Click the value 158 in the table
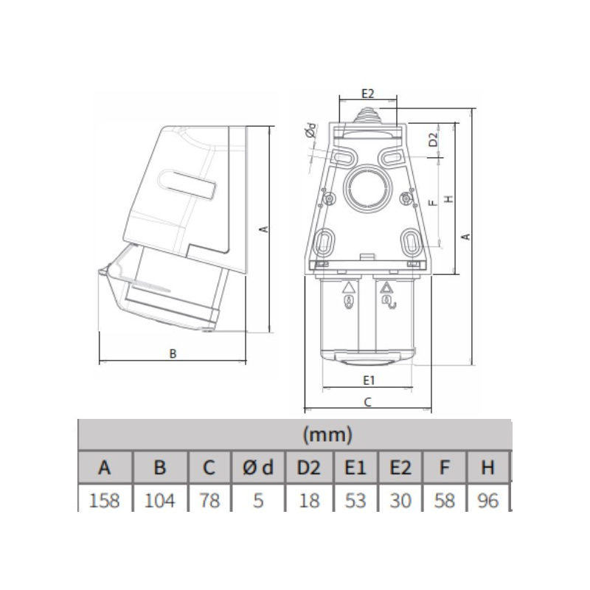click(105, 502)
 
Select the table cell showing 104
click(159, 502)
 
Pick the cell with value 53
click(355, 502)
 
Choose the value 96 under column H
click(487, 502)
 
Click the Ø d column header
click(257, 468)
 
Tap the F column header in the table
click(445, 468)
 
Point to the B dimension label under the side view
click(173, 354)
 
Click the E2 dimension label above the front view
click(368, 93)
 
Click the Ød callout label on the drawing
click(310, 131)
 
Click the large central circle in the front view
click(367, 189)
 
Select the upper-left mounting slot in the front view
click(342, 159)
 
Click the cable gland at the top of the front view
click(367, 116)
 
